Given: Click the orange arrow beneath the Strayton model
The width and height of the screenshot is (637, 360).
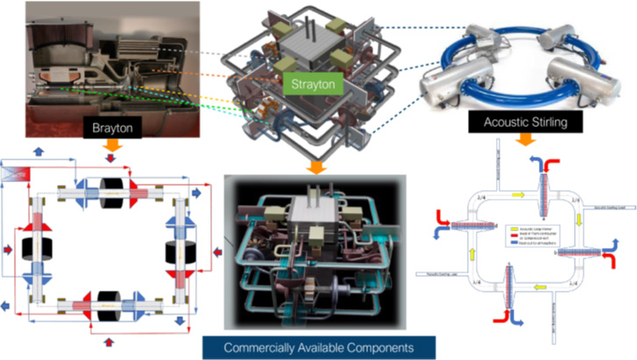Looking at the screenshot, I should click(312, 166).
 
